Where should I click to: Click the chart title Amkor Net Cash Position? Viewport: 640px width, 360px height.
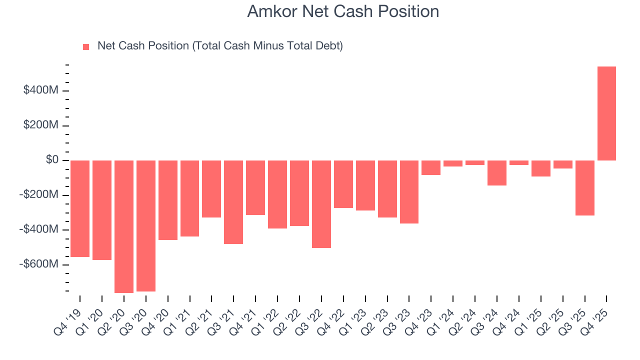click(343, 11)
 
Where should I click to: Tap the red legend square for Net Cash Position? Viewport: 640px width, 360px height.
click(86, 46)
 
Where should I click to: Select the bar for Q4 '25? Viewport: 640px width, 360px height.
click(606, 113)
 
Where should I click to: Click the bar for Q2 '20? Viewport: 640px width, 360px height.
click(124, 226)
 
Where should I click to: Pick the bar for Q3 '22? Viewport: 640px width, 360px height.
click(321, 204)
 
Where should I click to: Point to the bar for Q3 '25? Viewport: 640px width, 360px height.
click(584, 188)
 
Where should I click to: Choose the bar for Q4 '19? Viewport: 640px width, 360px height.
click(80, 208)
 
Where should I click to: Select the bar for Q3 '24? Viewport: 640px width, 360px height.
click(497, 173)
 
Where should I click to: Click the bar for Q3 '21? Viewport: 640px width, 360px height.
click(233, 202)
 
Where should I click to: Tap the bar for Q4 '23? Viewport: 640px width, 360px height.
click(431, 167)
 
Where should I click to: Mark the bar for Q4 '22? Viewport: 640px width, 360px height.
click(343, 184)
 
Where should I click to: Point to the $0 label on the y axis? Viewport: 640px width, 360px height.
click(52, 160)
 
